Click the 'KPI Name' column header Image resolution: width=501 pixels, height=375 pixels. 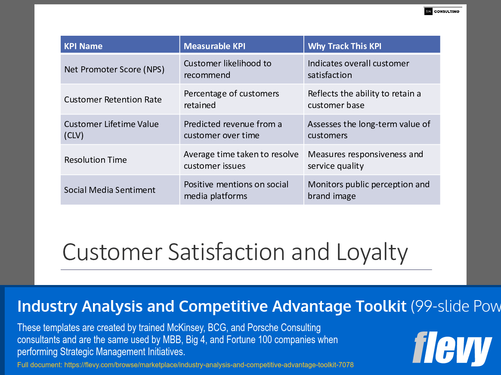pos(83,46)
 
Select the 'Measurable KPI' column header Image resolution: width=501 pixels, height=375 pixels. pos(214,46)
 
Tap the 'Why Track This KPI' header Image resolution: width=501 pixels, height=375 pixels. pos(344,46)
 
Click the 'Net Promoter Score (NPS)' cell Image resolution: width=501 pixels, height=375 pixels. pos(114,69)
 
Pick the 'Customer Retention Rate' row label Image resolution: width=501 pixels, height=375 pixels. pos(113,99)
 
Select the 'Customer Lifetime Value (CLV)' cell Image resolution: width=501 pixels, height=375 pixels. pos(111,130)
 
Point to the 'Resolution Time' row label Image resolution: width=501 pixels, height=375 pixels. pos(96,160)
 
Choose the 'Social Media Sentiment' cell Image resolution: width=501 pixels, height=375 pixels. pos(110,190)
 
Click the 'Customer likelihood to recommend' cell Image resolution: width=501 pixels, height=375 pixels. pos(227,69)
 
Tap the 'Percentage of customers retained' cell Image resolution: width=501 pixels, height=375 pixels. pos(231,99)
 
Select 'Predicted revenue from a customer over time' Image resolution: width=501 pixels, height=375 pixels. pos(232,130)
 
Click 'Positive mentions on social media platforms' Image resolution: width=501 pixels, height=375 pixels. pos(236,190)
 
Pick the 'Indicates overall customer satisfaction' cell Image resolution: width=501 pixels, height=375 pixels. pos(358,69)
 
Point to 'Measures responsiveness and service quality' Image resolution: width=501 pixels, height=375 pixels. pos(365,160)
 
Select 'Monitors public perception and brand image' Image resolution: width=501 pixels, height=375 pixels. pos(368,190)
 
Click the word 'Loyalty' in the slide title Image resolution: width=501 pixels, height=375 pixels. pos(372,252)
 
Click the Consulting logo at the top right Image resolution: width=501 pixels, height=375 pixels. pos(442,12)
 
